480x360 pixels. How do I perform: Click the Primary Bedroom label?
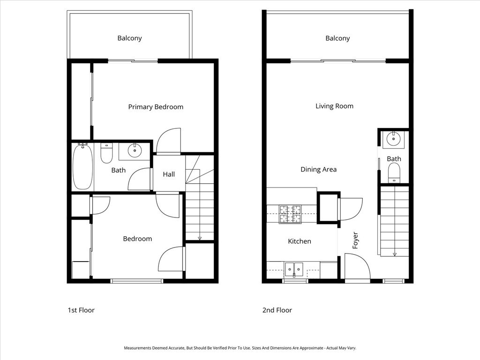(x=156, y=107)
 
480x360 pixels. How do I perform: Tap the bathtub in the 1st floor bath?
(x=82, y=166)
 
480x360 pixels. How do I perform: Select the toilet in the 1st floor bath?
(x=106, y=153)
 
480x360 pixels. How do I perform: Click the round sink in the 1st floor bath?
(x=135, y=150)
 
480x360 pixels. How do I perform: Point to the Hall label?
(x=169, y=174)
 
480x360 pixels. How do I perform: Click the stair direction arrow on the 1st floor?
(x=200, y=238)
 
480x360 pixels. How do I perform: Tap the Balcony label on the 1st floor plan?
(x=129, y=38)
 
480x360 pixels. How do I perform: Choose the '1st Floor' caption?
(x=81, y=310)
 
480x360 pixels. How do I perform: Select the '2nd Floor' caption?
(x=277, y=310)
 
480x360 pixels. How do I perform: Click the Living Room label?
(x=334, y=106)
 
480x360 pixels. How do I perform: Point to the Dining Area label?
(x=318, y=170)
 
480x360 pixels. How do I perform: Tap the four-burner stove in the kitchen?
(x=290, y=215)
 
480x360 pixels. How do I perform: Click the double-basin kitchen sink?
(x=294, y=269)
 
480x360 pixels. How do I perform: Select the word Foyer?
(x=355, y=240)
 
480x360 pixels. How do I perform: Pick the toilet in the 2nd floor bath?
(x=394, y=172)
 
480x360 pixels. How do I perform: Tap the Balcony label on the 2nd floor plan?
(x=337, y=38)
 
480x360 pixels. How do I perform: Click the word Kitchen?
(x=299, y=241)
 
